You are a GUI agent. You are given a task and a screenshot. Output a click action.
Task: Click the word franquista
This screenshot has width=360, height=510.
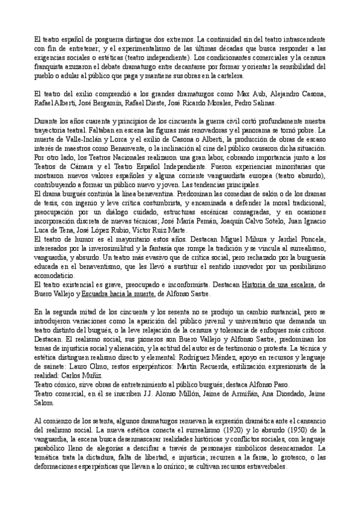(50, 67)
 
